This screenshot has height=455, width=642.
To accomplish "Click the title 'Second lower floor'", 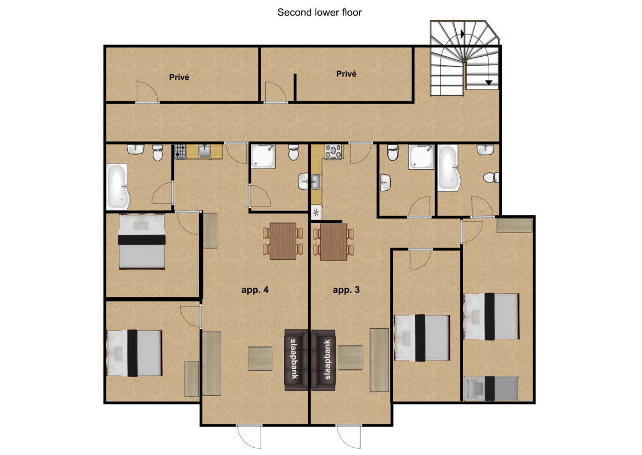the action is click(320, 12).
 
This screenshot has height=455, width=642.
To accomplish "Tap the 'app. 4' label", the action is click(255, 290).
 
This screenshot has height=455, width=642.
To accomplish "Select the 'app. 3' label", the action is click(346, 290).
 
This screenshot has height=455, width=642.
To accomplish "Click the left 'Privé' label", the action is click(179, 77).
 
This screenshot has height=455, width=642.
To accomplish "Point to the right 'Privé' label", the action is click(346, 74).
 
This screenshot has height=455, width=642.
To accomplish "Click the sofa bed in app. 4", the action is click(296, 359).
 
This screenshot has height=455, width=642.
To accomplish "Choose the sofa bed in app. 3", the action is click(323, 359).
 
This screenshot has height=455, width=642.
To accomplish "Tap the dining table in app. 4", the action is click(283, 241).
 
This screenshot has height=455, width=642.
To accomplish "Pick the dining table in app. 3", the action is click(334, 242).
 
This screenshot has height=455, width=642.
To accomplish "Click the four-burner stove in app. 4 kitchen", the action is click(180, 151).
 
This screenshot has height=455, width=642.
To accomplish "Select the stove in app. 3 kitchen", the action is click(334, 152).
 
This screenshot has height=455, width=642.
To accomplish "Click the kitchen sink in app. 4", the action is click(205, 151).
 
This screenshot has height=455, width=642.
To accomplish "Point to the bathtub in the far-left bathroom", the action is click(118, 186).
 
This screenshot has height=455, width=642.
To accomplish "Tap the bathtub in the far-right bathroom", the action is click(449, 168).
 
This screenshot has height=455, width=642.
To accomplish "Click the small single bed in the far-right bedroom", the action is click(491, 388).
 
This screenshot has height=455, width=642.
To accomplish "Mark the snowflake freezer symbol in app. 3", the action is click(316, 212).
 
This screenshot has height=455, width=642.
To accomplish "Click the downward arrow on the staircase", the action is click(489, 82).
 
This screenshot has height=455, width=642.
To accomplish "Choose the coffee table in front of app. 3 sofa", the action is click(350, 358).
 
